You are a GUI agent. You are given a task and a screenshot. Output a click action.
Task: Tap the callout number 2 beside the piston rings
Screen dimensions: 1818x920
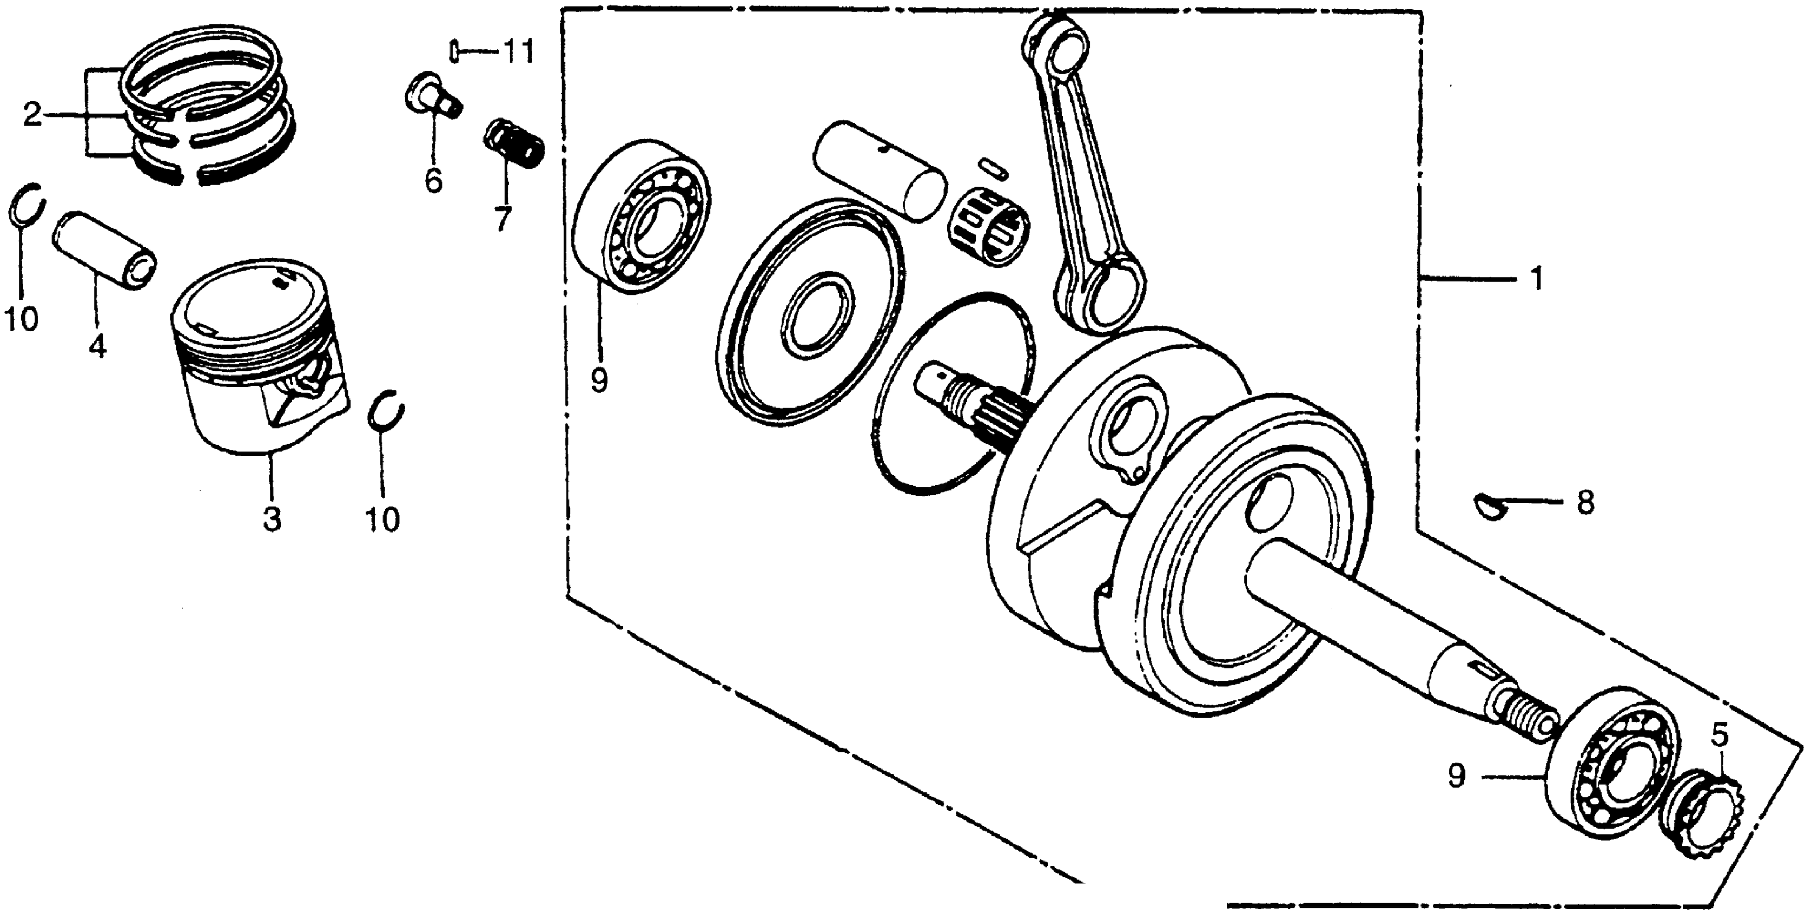32,114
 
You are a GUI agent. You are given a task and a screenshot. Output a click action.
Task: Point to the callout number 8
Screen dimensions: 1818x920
1584,503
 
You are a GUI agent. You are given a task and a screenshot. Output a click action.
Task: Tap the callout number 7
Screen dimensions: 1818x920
502,219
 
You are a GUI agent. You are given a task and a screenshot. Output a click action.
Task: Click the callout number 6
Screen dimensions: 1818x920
433,181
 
